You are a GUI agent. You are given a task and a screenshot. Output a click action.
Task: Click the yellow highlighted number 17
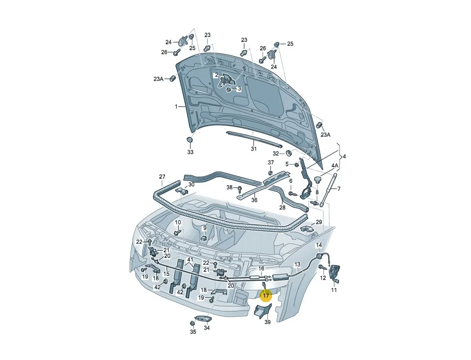click(x=266, y=296)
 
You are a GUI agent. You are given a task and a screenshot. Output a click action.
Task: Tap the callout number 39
click(x=267, y=322)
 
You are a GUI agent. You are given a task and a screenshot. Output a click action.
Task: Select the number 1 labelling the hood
click(x=176, y=106)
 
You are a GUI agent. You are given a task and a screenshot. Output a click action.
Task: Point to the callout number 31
click(x=254, y=149)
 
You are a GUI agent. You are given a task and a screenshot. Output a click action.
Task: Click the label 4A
click(x=335, y=165)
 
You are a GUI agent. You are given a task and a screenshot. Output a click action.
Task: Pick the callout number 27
click(x=162, y=177)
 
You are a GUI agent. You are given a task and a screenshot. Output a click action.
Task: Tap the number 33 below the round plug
click(x=190, y=152)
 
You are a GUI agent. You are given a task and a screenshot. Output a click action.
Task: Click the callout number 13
click(x=297, y=264)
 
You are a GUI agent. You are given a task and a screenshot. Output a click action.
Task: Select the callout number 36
click(x=254, y=200)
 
